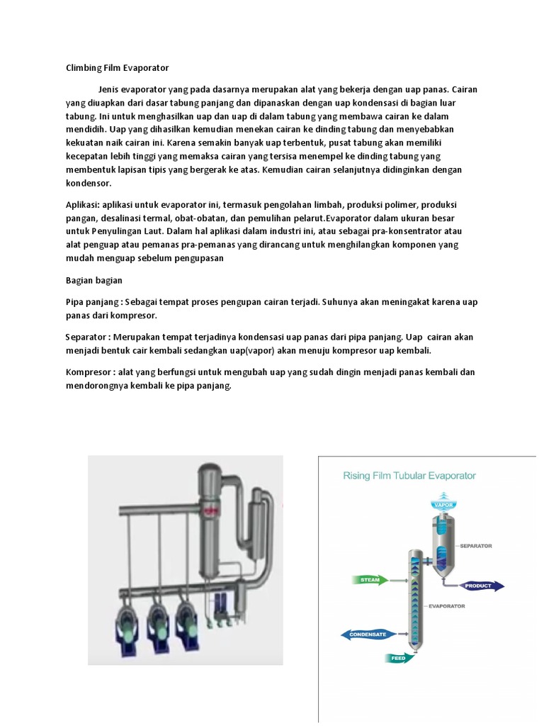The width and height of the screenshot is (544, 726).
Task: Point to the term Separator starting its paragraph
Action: click(x=88, y=337)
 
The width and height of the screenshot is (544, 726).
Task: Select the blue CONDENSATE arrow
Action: click(x=368, y=634)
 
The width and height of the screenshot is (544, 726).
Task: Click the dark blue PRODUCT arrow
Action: click(x=482, y=586)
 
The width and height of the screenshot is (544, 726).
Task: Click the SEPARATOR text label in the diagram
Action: click(x=475, y=546)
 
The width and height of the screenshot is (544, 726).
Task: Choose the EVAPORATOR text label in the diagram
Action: click(x=446, y=607)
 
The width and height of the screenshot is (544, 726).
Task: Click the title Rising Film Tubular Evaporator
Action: click(x=409, y=476)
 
